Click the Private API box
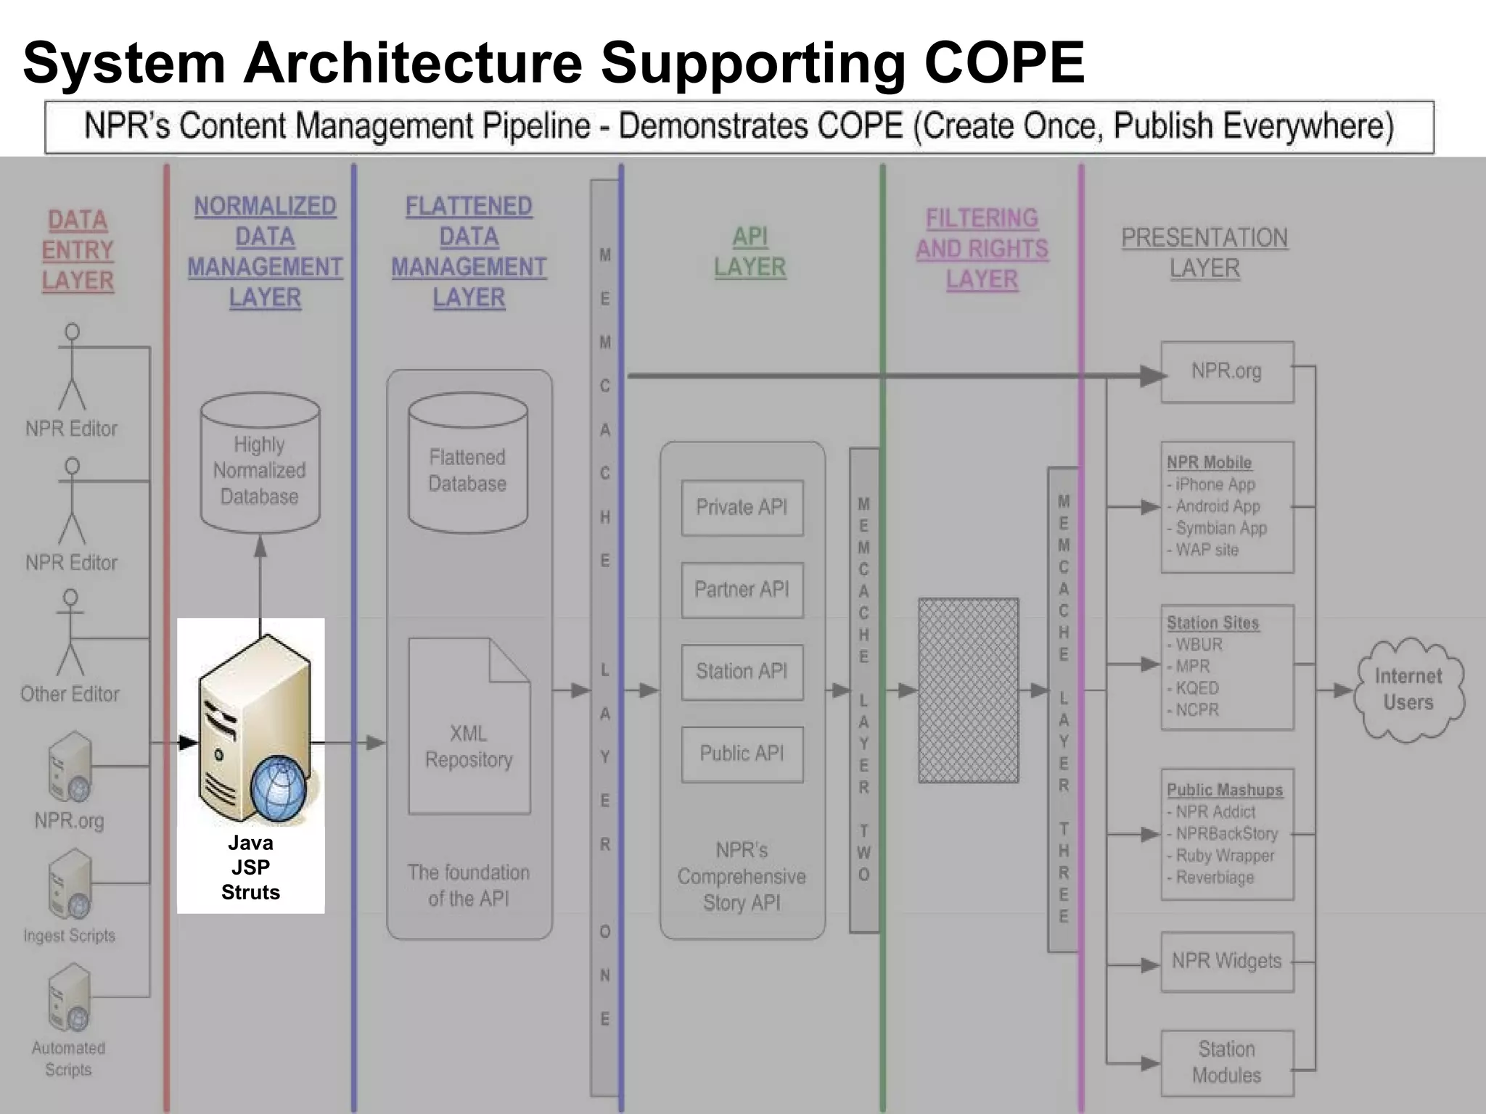tap(742, 508)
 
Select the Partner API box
tap(742, 590)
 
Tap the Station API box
tap(742, 672)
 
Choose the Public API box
tap(742, 754)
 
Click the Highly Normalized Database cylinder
tap(260, 464)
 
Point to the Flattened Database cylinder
tap(468, 464)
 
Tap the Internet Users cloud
tap(1408, 690)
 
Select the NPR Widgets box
tap(1226, 962)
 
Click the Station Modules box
tap(1226, 1063)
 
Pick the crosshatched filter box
tap(968, 690)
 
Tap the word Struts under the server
tap(250, 892)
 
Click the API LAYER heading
tap(750, 252)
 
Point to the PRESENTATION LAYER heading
tap(1204, 253)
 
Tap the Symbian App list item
tap(1220, 528)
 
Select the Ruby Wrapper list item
tap(1224, 856)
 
